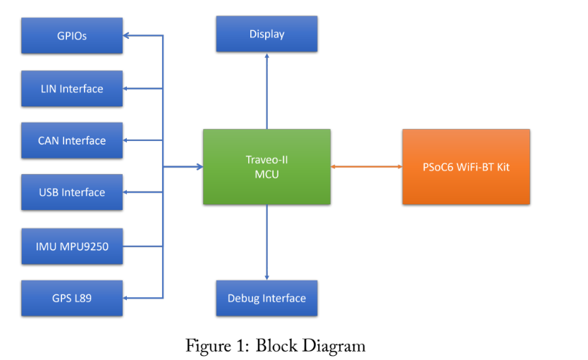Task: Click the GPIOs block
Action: tap(72, 35)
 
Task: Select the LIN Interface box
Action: tap(72, 89)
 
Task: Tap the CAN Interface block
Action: tap(72, 140)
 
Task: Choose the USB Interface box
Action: tap(72, 192)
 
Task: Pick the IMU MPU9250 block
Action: tap(72, 246)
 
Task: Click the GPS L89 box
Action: tap(72, 298)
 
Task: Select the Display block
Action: tap(267, 34)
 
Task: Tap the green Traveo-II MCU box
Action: tap(267, 166)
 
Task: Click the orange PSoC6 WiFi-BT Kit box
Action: tap(466, 167)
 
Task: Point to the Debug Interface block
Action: tap(267, 298)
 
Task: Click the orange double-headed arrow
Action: tap(367, 167)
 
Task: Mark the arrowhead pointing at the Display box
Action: tap(267, 56)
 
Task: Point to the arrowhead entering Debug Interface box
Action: tap(267, 276)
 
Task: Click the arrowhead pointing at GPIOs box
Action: tap(128, 35)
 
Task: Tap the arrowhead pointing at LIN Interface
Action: tap(128, 89)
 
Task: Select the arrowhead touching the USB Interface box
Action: tap(128, 192)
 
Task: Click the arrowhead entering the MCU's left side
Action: tap(199, 167)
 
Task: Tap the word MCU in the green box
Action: tap(267, 174)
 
